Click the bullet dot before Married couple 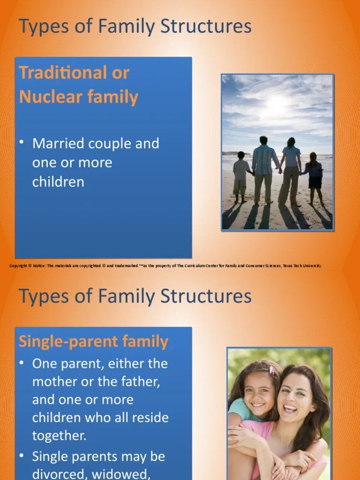[22, 142]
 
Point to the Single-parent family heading [93, 341]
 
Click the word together [59, 435]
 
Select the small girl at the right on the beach [314, 176]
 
